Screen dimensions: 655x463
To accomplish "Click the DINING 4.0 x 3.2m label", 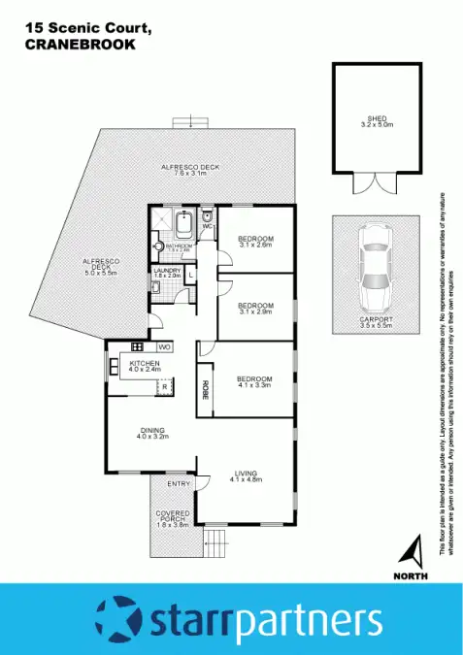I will tap(152, 434).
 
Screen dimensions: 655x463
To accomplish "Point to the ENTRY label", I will tap(179, 483).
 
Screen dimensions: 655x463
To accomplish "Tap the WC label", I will tap(207, 226).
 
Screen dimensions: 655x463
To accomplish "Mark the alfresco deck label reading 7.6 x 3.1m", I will tap(190, 172).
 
